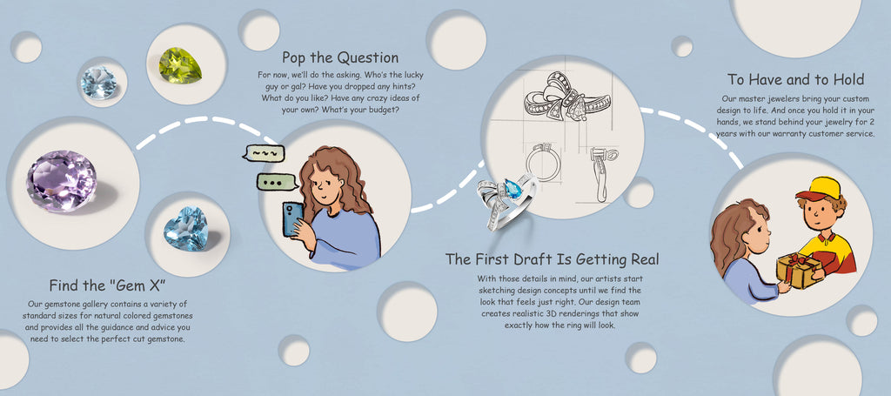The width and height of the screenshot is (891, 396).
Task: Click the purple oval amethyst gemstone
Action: point(62,180)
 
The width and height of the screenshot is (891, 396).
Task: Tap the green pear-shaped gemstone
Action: point(180,65)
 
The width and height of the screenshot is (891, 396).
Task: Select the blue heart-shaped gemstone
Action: point(186,228)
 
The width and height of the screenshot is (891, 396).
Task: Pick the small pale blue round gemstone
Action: point(98,83)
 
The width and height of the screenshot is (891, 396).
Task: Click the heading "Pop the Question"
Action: point(340,57)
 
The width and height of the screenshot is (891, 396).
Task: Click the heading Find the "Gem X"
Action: point(107,285)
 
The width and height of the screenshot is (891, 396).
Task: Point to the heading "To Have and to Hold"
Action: point(795,79)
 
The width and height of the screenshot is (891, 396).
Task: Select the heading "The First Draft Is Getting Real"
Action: point(553,259)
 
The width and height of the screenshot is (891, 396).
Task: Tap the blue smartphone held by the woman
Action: point(292,218)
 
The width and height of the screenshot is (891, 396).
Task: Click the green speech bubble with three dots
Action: point(278,182)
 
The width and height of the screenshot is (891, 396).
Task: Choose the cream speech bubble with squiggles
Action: point(263,153)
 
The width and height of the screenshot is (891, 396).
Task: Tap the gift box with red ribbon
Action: point(799,271)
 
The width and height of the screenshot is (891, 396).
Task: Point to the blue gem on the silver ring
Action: point(512,189)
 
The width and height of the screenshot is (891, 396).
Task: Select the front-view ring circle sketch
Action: point(543,162)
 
